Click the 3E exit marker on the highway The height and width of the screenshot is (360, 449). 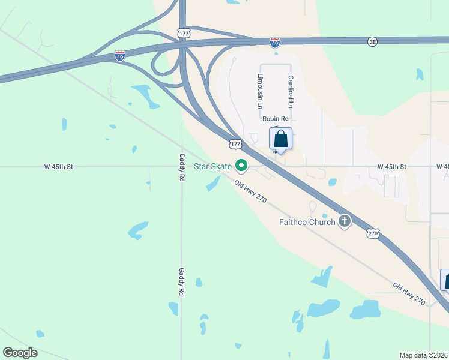tap(373, 41)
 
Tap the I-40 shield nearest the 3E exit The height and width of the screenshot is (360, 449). tap(275, 43)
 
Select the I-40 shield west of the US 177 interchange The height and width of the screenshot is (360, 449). tap(120, 56)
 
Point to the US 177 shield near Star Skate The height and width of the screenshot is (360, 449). tap(235, 144)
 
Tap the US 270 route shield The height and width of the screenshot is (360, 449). tap(373, 233)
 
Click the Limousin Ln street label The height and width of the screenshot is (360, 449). tap(260, 91)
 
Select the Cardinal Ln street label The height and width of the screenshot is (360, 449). tap(291, 91)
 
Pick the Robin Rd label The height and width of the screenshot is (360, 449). tap(276, 119)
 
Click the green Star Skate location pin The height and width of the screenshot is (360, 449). tap(242, 164)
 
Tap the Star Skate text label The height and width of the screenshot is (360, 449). tap(212, 166)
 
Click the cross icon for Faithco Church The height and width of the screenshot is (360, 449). tap(345, 221)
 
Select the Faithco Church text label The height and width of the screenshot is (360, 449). tap(307, 222)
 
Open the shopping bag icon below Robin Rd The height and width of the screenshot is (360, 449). tap(281, 139)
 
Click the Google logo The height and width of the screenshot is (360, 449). tap(20, 353)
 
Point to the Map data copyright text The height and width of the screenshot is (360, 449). tap(423, 355)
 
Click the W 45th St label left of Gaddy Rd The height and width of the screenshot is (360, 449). tap(58, 167)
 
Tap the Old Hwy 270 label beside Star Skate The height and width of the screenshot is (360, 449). tap(250, 191)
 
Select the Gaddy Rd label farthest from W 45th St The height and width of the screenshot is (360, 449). tap(181, 281)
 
